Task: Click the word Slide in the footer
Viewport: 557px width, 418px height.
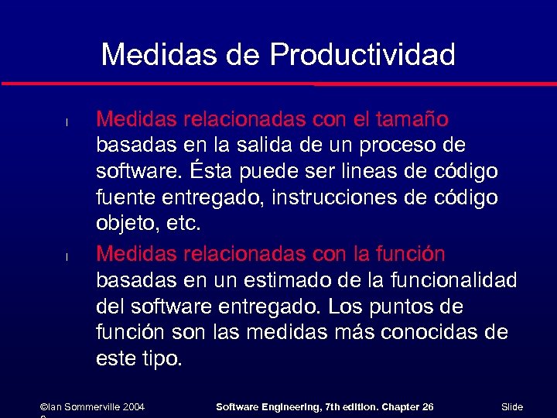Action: (512, 407)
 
